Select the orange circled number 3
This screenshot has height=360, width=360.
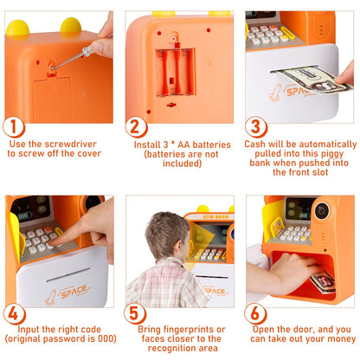click(256, 125)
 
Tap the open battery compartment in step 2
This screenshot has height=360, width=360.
click(173, 70)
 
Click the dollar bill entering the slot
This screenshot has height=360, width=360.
click(299, 77)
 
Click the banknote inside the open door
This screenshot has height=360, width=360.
click(323, 281)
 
